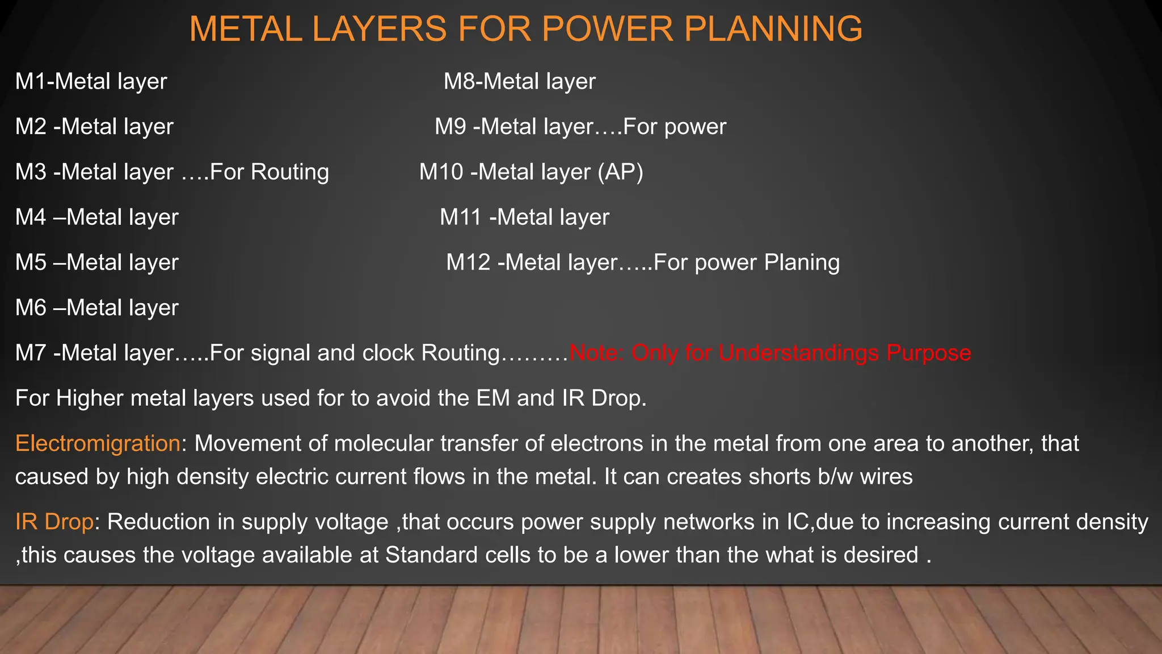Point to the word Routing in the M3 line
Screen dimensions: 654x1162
(289, 171)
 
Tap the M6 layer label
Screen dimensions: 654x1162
(31, 308)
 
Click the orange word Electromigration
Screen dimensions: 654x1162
(98, 443)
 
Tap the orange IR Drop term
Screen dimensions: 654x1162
(54, 522)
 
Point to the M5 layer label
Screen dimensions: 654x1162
(31, 262)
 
